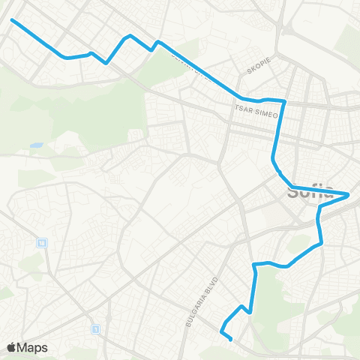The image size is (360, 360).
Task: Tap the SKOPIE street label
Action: (257, 70)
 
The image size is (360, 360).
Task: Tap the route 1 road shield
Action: (95, 328)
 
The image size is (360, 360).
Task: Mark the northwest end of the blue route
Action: (12, 19)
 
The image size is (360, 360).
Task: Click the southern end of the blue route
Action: (230, 340)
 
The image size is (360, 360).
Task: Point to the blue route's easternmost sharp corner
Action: (349, 195)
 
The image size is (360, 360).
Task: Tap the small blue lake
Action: (35, 145)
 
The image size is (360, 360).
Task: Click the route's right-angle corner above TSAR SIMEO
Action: (285, 100)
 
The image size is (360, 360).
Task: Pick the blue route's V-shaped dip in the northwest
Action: (107, 62)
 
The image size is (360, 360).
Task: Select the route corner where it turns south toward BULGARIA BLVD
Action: (256, 265)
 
